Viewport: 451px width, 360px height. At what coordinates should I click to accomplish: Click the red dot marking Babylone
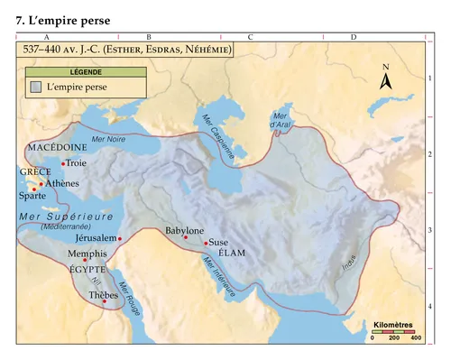(186, 237)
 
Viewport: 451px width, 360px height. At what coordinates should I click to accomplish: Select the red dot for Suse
(207, 243)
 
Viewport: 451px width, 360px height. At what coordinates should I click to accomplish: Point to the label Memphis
(87, 255)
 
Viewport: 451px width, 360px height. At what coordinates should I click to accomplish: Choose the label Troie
(77, 163)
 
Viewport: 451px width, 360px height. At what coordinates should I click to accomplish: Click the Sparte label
(33, 195)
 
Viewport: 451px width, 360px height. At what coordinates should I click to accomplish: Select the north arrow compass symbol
(385, 78)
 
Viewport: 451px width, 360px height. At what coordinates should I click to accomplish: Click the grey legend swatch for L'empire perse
(35, 88)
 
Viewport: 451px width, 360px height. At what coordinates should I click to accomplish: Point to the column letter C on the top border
(249, 36)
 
